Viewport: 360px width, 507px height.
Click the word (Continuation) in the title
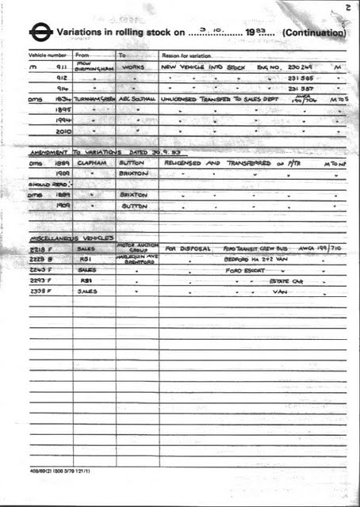point(313,33)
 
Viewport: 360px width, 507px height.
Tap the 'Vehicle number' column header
point(48,56)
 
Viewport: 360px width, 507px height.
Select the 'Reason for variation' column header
point(187,56)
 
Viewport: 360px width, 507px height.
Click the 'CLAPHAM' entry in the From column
point(94,160)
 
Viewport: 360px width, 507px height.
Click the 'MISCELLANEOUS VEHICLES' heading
point(71,238)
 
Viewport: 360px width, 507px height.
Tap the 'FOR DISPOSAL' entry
point(188,248)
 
